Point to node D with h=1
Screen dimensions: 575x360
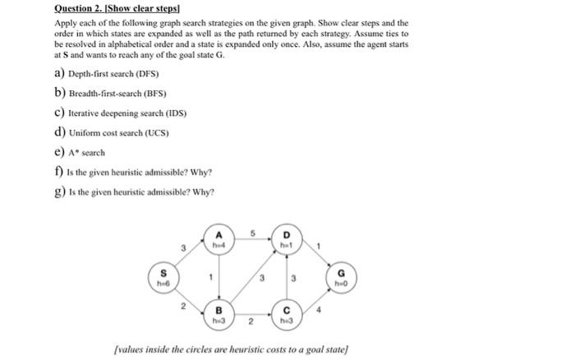[x=286, y=239]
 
